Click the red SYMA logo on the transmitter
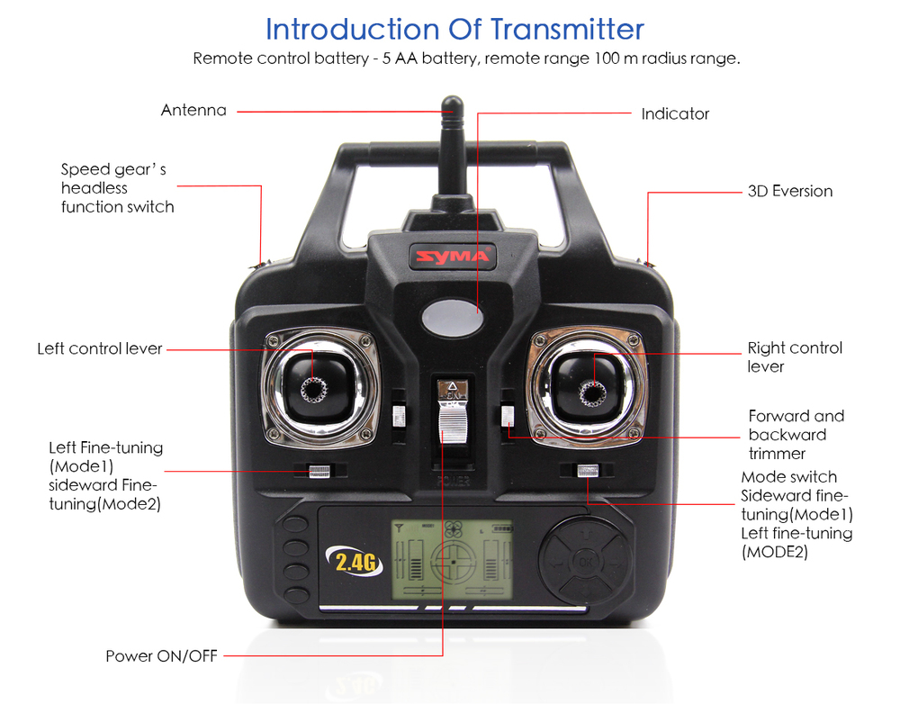click(x=453, y=256)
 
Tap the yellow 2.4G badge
click(x=355, y=561)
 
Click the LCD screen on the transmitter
click(x=453, y=559)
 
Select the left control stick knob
click(x=314, y=390)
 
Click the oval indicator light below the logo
click(x=453, y=316)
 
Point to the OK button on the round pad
click(x=585, y=561)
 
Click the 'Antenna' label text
click(x=193, y=110)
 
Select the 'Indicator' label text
click(x=675, y=113)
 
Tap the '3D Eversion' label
click(x=790, y=191)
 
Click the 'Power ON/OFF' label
click(x=161, y=655)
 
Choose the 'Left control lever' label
click(x=99, y=348)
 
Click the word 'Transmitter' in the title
click(x=567, y=29)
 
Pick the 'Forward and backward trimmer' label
click(x=796, y=435)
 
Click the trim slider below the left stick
click(x=319, y=472)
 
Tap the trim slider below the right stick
click(x=587, y=470)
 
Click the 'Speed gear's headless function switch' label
click(x=118, y=188)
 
